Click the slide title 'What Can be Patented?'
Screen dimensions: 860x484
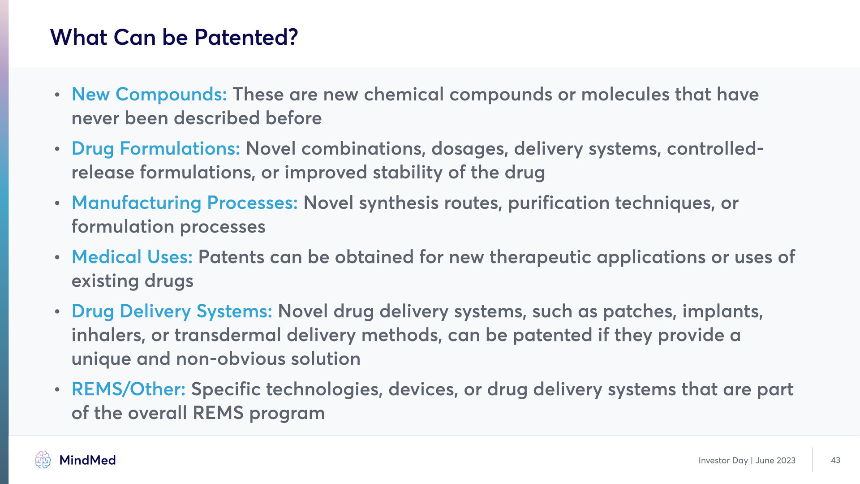[174, 37]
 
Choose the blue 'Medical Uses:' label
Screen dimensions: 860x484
[132, 257]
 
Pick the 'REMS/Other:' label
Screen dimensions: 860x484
[129, 389]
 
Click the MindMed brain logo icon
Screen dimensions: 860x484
[43, 460]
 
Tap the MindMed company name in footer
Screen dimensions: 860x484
[87, 460]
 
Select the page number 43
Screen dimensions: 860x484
[835, 460]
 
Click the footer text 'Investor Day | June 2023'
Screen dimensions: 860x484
[747, 461]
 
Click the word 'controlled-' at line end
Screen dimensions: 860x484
[715, 149]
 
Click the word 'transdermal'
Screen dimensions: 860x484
[228, 335]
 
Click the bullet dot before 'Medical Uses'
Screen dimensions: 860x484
[57, 258]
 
